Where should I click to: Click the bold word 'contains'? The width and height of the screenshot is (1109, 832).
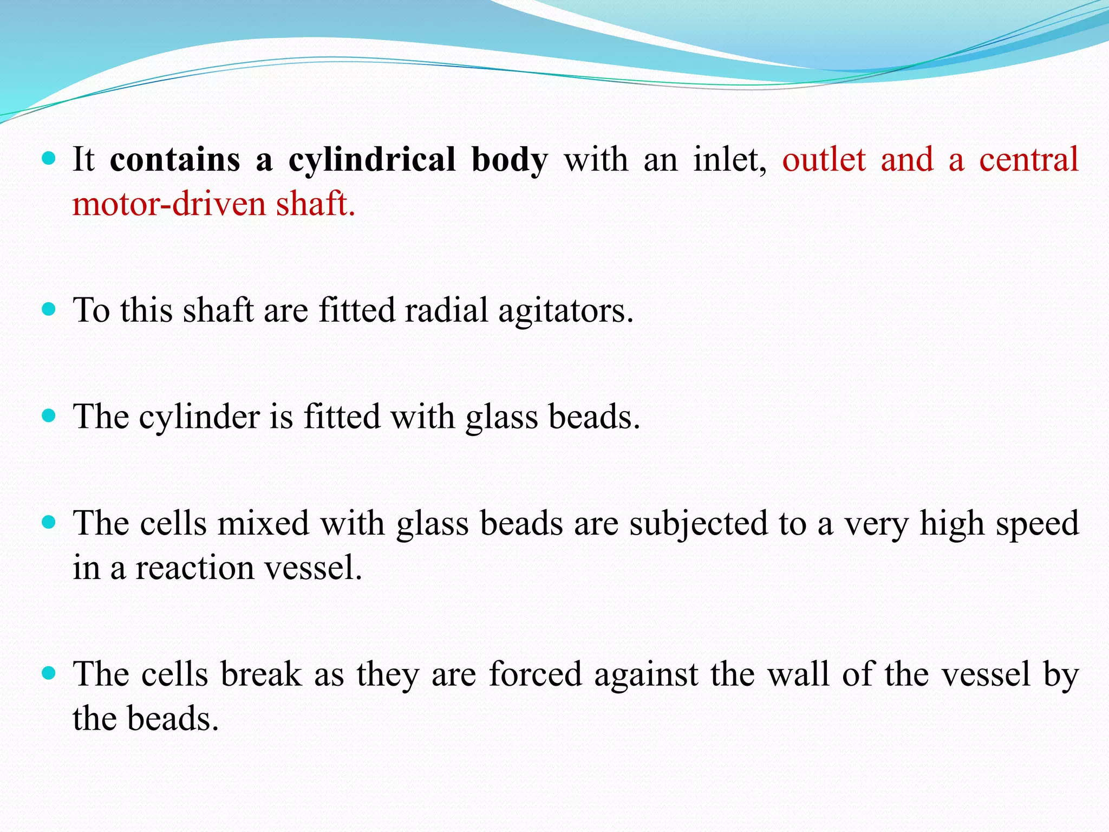(175, 160)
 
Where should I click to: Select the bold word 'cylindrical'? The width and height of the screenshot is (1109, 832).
(372, 160)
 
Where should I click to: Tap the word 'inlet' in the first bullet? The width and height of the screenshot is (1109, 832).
(730, 160)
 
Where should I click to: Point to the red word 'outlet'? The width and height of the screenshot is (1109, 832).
(824, 160)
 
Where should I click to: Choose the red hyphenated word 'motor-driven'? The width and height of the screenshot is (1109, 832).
(169, 205)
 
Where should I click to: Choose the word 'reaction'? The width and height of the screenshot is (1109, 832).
(194, 568)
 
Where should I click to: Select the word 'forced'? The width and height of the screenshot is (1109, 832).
(535, 675)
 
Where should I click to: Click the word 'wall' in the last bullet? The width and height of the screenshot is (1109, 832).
(799, 675)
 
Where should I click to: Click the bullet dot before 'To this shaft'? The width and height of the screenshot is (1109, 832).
(49, 309)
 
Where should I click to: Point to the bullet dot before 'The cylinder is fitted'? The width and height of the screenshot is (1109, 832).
(49, 416)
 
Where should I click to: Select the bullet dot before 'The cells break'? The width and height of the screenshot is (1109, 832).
(49, 673)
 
